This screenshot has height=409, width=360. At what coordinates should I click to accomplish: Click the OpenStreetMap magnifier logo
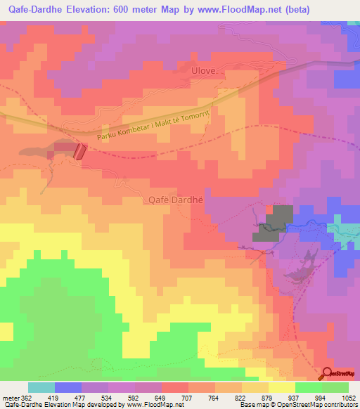tap(328, 374)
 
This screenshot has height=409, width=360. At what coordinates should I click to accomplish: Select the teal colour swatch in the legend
tap(41, 387)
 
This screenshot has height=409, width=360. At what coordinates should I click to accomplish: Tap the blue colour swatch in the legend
tap(68, 387)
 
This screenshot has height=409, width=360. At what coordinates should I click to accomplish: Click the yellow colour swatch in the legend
tap(282, 387)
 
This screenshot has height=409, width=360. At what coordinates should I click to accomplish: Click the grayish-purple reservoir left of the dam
tap(35, 152)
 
